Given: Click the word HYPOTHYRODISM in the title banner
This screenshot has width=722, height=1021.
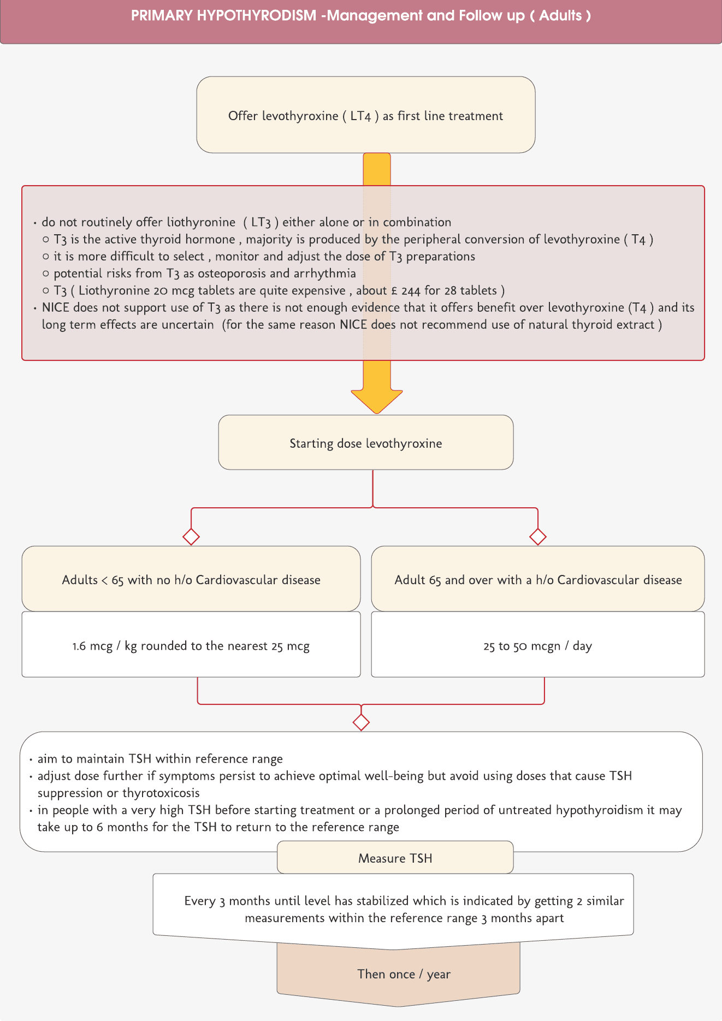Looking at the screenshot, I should point(256,15).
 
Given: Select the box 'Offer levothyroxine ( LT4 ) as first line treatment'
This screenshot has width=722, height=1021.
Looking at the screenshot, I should point(365,115).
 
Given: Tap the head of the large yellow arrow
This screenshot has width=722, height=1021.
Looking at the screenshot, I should point(377,401).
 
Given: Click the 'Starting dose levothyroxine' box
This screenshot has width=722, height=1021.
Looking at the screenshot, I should point(365,443).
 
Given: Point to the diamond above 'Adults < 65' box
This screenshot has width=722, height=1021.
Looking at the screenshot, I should point(191,537).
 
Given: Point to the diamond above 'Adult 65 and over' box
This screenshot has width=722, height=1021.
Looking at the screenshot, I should point(538,537).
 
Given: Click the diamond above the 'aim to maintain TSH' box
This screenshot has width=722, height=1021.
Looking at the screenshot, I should point(361,722).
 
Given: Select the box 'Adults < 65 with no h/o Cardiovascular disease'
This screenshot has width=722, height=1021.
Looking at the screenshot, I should point(191,579).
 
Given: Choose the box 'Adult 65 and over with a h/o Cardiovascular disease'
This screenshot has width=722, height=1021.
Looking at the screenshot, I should point(538,579).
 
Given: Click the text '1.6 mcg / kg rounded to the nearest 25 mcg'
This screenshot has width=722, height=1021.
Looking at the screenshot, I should point(191,646).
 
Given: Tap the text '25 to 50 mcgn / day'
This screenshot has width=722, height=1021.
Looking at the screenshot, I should point(538,646).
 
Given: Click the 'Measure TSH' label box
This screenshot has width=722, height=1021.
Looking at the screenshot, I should point(395,858).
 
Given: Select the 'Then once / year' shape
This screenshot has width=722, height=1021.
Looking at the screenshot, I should point(404,974).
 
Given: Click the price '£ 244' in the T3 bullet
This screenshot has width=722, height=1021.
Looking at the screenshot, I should point(406,290).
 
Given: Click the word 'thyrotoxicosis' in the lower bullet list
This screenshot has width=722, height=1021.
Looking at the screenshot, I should point(161,793).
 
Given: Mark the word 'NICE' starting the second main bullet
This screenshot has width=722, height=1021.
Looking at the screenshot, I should point(56,307).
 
